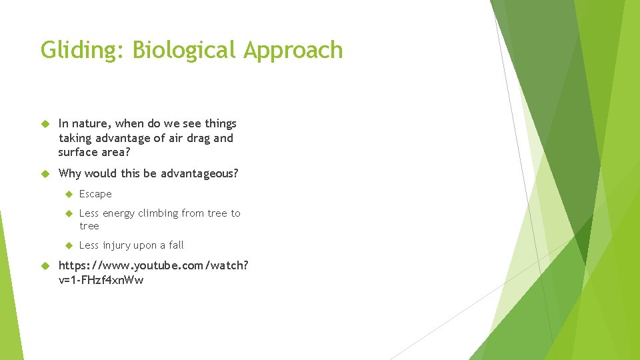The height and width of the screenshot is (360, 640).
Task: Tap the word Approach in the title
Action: pos(293,51)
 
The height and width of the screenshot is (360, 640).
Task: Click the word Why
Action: pos(71,173)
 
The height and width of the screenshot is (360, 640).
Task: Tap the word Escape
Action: pos(95,194)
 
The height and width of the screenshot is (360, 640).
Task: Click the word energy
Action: pos(119,213)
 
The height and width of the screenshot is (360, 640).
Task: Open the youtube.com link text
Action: pos(153,265)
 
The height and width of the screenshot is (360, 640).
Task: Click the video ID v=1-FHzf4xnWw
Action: pos(101,280)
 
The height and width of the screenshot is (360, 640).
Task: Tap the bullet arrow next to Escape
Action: pos(67,194)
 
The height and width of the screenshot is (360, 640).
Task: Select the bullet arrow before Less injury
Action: pos(67,245)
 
